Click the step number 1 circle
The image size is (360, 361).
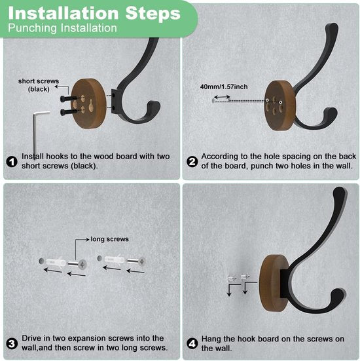[12, 162]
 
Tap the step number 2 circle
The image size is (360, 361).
[192, 162]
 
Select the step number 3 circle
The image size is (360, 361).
[12, 344]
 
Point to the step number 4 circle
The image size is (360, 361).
[192, 344]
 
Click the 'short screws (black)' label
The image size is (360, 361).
[39, 85]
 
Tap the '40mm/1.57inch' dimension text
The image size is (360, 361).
[224, 86]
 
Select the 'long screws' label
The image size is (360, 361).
[109, 239]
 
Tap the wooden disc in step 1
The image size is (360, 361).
[88, 104]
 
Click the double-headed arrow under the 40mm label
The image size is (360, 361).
[222, 97]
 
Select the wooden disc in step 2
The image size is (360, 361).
[279, 105]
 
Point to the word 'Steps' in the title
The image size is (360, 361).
[153, 13]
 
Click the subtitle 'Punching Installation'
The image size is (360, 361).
[62, 28]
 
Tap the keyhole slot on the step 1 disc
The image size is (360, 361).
[91, 106]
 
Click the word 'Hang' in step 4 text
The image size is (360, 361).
[211, 339]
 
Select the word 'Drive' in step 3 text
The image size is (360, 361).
[32, 338]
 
